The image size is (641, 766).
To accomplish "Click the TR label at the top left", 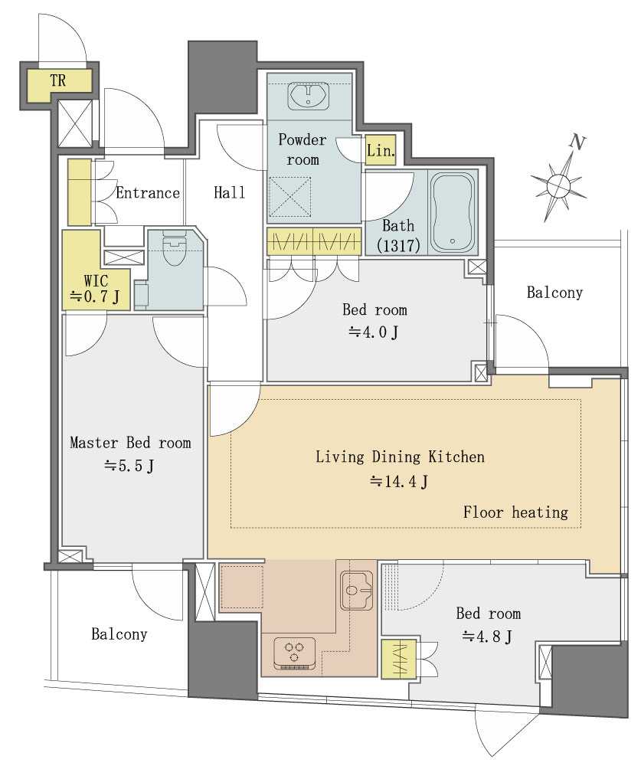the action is click(57, 80).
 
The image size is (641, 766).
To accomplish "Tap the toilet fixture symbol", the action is click(175, 247).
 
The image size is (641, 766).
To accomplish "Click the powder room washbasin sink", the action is click(309, 96).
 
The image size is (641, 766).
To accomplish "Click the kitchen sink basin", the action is click(356, 590).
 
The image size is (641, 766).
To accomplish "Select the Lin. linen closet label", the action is click(381, 150).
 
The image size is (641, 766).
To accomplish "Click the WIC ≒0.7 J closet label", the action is click(96, 289).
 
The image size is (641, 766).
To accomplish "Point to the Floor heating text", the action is click(515, 512).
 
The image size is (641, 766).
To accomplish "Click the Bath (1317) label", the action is click(399, 235).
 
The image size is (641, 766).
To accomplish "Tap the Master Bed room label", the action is click(130, 443).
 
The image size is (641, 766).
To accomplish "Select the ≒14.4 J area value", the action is click(399, 481).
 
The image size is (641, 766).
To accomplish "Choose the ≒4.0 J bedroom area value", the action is click(374, 332).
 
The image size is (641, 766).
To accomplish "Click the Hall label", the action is click(230, 192).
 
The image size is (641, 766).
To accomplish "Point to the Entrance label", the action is click(148, 193).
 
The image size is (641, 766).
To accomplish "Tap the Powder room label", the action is click(303, 149).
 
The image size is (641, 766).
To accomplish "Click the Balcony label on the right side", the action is click(554, 293).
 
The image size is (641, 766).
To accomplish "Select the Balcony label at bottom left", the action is click(119, 634).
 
